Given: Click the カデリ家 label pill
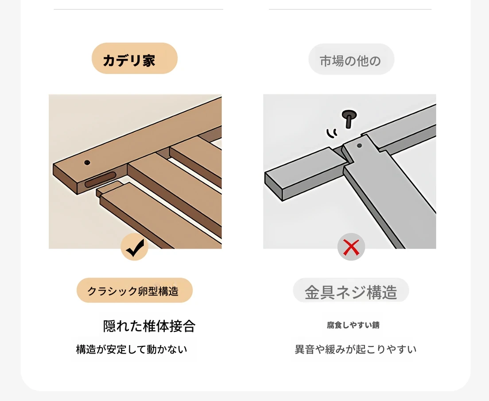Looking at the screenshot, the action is point(134,58).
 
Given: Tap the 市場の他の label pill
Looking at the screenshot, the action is point(351,59).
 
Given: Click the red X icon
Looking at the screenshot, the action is point(351,247).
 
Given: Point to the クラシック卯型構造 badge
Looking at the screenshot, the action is point(134,290).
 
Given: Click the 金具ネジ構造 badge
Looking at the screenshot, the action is point(351,291).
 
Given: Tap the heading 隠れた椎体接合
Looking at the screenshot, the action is point(149,326).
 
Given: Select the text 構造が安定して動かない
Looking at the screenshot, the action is point(131,349).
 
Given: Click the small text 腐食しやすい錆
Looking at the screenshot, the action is point(353,325).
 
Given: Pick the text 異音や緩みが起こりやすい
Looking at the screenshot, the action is point(356,349).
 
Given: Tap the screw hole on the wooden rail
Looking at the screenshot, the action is point(87,162).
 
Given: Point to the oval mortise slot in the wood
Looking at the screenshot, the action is point(101,179).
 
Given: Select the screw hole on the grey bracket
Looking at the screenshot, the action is point(359,145).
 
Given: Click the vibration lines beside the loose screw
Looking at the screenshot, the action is point(332,133).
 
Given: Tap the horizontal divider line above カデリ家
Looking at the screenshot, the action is point(139,9).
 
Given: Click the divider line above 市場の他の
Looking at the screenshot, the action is point(350,9).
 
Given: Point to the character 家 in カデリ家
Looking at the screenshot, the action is point(149,60).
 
